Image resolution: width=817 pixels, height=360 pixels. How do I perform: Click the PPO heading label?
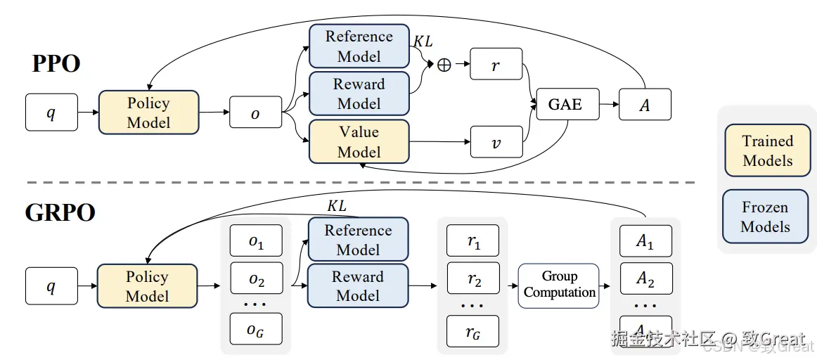coord(56,63)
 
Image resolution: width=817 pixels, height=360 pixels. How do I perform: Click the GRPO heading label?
coord(60,212)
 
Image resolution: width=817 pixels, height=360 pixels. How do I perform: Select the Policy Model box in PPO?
coord(148,112)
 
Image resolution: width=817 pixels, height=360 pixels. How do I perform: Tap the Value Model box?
coord(359,141)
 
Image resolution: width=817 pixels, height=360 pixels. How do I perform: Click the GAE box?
coord(566,104)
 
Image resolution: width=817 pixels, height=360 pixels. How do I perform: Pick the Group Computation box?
coord(559,285)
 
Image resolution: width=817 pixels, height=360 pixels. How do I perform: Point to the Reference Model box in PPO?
coord(359,46)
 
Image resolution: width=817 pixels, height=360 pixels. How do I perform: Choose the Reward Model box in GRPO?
coord(358,285)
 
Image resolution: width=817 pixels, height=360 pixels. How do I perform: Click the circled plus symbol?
coord(444,65)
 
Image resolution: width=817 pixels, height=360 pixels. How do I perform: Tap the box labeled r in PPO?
coord(496,64)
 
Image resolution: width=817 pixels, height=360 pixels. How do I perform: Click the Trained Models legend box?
coord(767,150)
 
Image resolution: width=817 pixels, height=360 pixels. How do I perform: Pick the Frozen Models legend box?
coord(765,217)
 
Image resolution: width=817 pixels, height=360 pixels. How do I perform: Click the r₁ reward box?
coord(473,240)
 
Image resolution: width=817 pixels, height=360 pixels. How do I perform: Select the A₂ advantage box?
coord(645,278)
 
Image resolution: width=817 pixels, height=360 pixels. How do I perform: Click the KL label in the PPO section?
coord(423,42)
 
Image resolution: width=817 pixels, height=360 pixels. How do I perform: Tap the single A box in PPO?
coord(645,105)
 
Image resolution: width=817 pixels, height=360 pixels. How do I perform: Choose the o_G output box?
coord(256,328)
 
